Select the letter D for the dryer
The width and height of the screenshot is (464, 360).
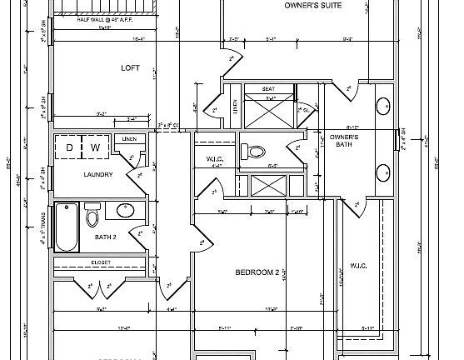[x=71, y=148]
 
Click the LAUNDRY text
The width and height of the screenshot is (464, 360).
[x=97, y=175]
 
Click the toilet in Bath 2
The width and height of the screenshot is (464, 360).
[x=92, y=217]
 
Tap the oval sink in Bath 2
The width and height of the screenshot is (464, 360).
[x=126, y=210]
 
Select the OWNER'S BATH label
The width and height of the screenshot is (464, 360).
[x=343, y=140]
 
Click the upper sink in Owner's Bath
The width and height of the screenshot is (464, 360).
[x=384, y=107]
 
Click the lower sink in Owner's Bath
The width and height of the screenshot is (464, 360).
[x=384, y=173]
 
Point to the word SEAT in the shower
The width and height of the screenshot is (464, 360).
[x=269, y=88]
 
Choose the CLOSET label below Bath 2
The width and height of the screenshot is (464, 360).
[x=101, y=262]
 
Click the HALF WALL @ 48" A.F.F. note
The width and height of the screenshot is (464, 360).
[x=106, y=19]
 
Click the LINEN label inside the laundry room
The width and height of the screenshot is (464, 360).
[x=129, y=138]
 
